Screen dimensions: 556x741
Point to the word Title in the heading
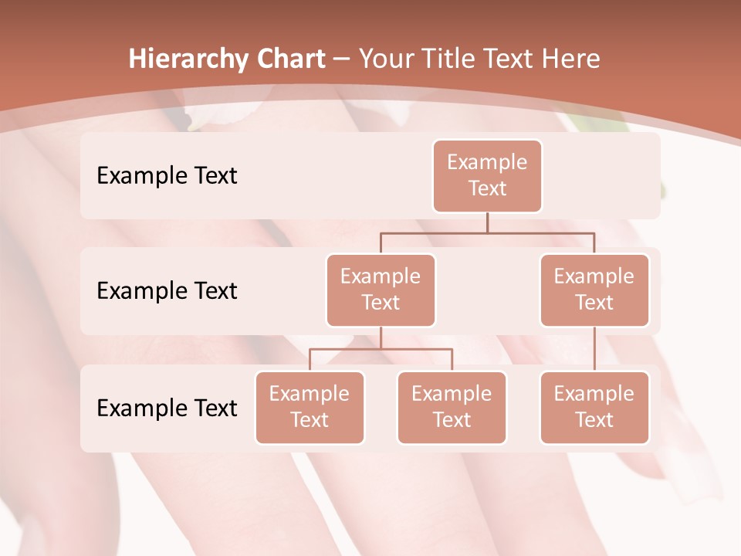(x=455, y=59)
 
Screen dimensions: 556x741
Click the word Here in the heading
(x=570, y=59)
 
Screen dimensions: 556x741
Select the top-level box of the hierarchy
(x=487, y=176)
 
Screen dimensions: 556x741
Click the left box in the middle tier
(x=381, y=290)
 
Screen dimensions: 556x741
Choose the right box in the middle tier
(x=594, y=290)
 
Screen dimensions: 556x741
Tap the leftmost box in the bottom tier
(x=310, y=408)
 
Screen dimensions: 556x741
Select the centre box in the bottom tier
(x=452, y=408)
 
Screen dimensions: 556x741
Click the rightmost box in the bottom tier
(x=594, y=408)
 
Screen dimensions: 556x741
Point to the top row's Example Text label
(x=167, y=176)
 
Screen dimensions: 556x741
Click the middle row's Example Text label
(x=167, y=291)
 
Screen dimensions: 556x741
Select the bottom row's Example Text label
(x=167, y=408)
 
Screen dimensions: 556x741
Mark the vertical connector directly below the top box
(x=487, y=222)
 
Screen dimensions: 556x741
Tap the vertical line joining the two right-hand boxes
(x=594, y=349)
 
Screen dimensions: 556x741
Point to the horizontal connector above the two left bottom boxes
(x=381, y=349)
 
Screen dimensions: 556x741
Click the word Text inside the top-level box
(x=487, y=188)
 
